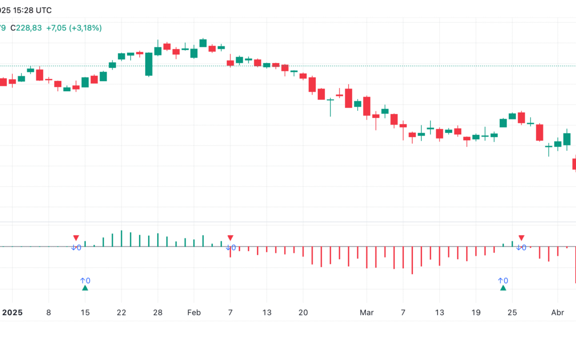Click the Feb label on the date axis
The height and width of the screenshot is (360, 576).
(194, 313)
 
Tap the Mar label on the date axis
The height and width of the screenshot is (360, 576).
(366, 313)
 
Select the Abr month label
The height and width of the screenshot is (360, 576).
(557, 313)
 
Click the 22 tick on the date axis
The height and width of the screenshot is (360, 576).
(121, 313)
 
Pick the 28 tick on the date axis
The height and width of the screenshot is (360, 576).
(157, 313)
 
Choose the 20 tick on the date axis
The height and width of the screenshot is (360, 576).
(303, 313)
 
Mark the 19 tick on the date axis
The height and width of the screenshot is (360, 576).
(476, 313)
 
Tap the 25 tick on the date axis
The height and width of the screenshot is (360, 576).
(512, 313)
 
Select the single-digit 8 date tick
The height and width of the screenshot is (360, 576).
(49, 313)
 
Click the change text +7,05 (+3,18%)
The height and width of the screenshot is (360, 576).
(74, 28)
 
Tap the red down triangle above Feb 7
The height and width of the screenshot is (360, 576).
(230, 238)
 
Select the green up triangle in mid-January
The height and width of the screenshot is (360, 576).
(85, 288)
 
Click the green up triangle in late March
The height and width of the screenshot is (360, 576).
(503, 288)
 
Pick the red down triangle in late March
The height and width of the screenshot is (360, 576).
(522, 238)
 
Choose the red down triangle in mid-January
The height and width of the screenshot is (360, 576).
(76, 238)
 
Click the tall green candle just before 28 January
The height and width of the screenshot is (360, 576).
(149, 64)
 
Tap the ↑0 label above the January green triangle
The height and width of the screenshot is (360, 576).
(85, 281)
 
